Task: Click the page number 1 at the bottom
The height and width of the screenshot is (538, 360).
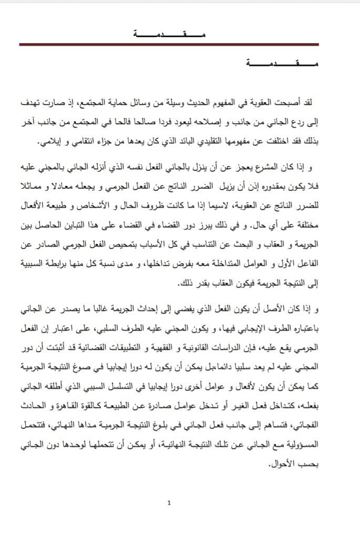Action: (x=168, y=503)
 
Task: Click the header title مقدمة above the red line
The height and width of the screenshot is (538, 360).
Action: (x=168, y=35)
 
